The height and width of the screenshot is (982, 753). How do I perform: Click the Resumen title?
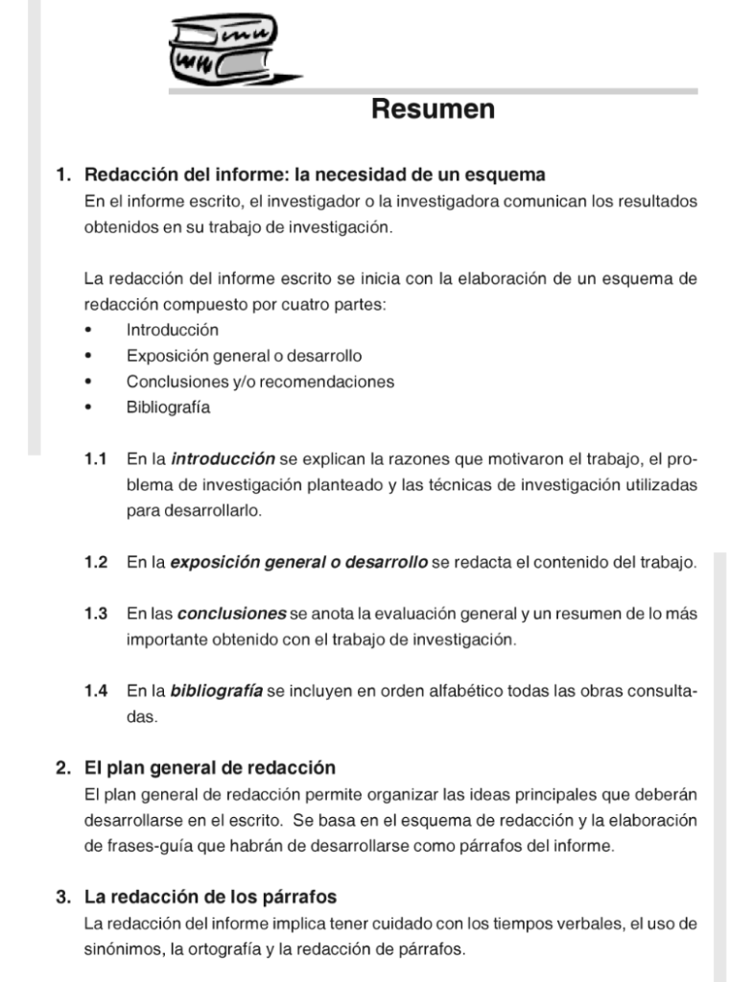(433, 110)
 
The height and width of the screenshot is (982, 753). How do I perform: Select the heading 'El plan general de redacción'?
(210, 769)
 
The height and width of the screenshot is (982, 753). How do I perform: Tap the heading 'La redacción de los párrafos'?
(210, 898)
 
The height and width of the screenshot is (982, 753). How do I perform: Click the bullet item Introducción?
(173, 330)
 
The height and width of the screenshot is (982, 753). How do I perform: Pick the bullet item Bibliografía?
(169, 407)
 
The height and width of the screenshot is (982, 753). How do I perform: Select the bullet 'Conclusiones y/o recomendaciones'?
(260, 382)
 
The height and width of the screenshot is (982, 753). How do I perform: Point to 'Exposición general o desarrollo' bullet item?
(244, 356)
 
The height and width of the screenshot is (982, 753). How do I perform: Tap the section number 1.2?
(95, 562)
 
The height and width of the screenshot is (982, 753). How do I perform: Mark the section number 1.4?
(95, 690)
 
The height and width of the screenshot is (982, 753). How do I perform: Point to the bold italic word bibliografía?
(217, 690)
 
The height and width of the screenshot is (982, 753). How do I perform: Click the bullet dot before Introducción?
(89, 331)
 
